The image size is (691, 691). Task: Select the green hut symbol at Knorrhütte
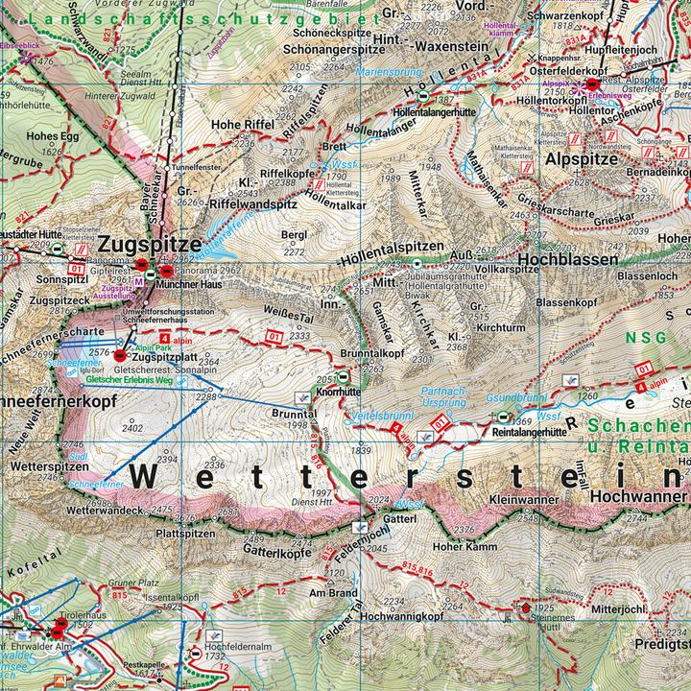[x=344, y=352]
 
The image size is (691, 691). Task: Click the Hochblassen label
[x=564, y=259]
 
